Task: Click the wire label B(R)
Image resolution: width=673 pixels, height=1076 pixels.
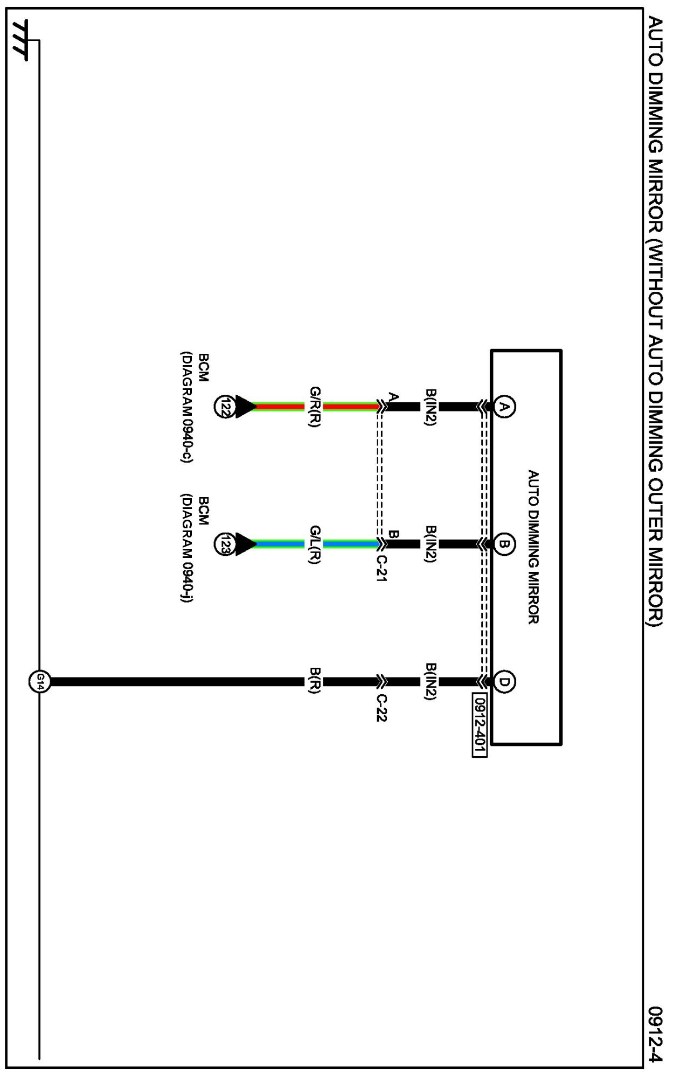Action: click(x=315, y=681)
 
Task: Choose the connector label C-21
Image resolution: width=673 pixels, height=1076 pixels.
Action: click(x=381, y=569)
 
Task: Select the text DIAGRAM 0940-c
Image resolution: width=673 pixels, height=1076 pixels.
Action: click(x=187, y=407)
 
